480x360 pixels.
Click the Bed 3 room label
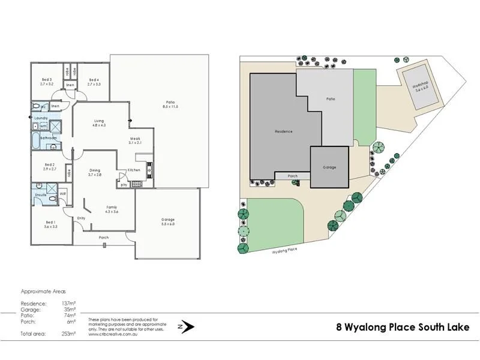click(x=46, y=82)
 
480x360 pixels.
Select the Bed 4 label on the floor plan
click(x=94, y=82)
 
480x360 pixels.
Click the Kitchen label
click(x=134, y=170)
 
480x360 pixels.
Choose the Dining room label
click(x=95, y=172)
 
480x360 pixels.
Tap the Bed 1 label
click(x=50, y=226)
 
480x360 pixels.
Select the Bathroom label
click(x=48, y=138)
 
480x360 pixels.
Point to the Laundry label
click(x=41, y=118)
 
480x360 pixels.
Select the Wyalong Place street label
click(x=284, y=252)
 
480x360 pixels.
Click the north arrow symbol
click(x=187, y=327)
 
